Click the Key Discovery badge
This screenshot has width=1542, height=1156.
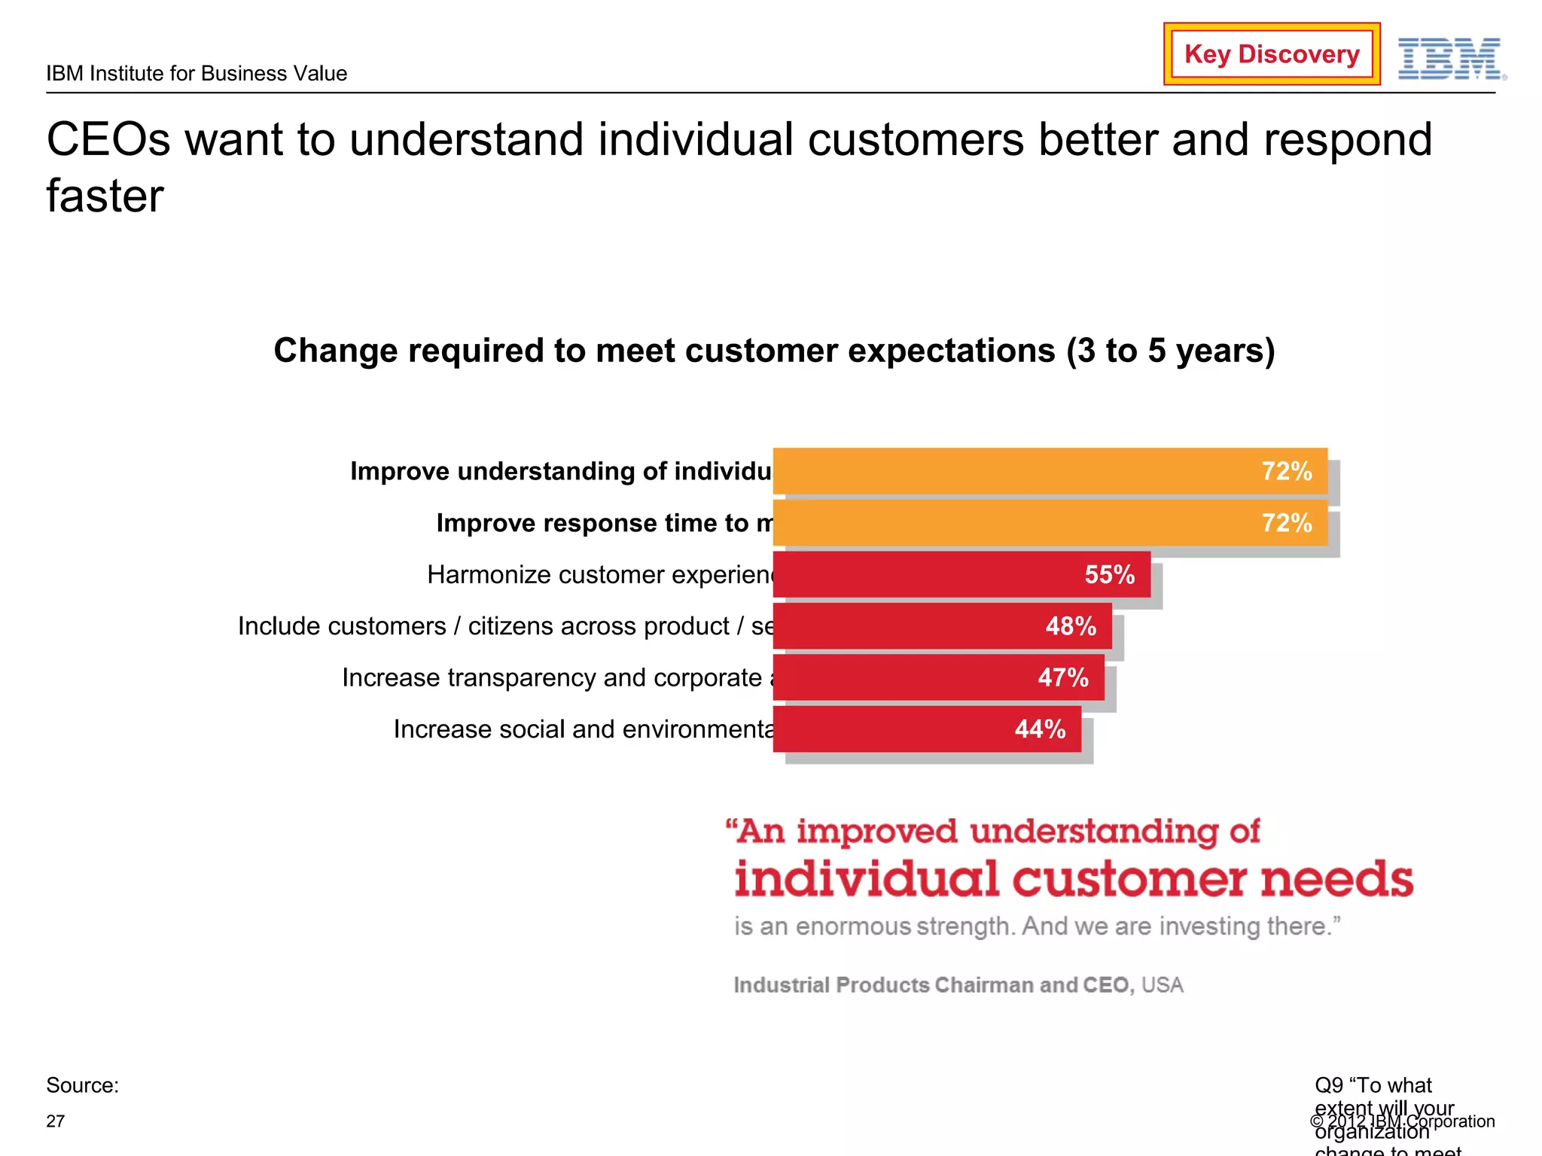1271,54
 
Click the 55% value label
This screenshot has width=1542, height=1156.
1109,575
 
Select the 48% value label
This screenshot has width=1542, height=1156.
1071,626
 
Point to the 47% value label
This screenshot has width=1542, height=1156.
1062,677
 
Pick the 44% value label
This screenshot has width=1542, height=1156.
1040,729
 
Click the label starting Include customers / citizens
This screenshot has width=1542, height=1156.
505,626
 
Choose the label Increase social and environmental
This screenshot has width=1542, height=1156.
584,729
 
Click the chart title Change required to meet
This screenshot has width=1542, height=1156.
774,351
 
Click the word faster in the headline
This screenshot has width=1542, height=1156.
105,196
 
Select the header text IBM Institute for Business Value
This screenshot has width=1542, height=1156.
197,74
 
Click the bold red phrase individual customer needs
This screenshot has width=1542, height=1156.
1074,879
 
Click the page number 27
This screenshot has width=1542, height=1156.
56,1121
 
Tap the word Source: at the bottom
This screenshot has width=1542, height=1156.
82,1085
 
